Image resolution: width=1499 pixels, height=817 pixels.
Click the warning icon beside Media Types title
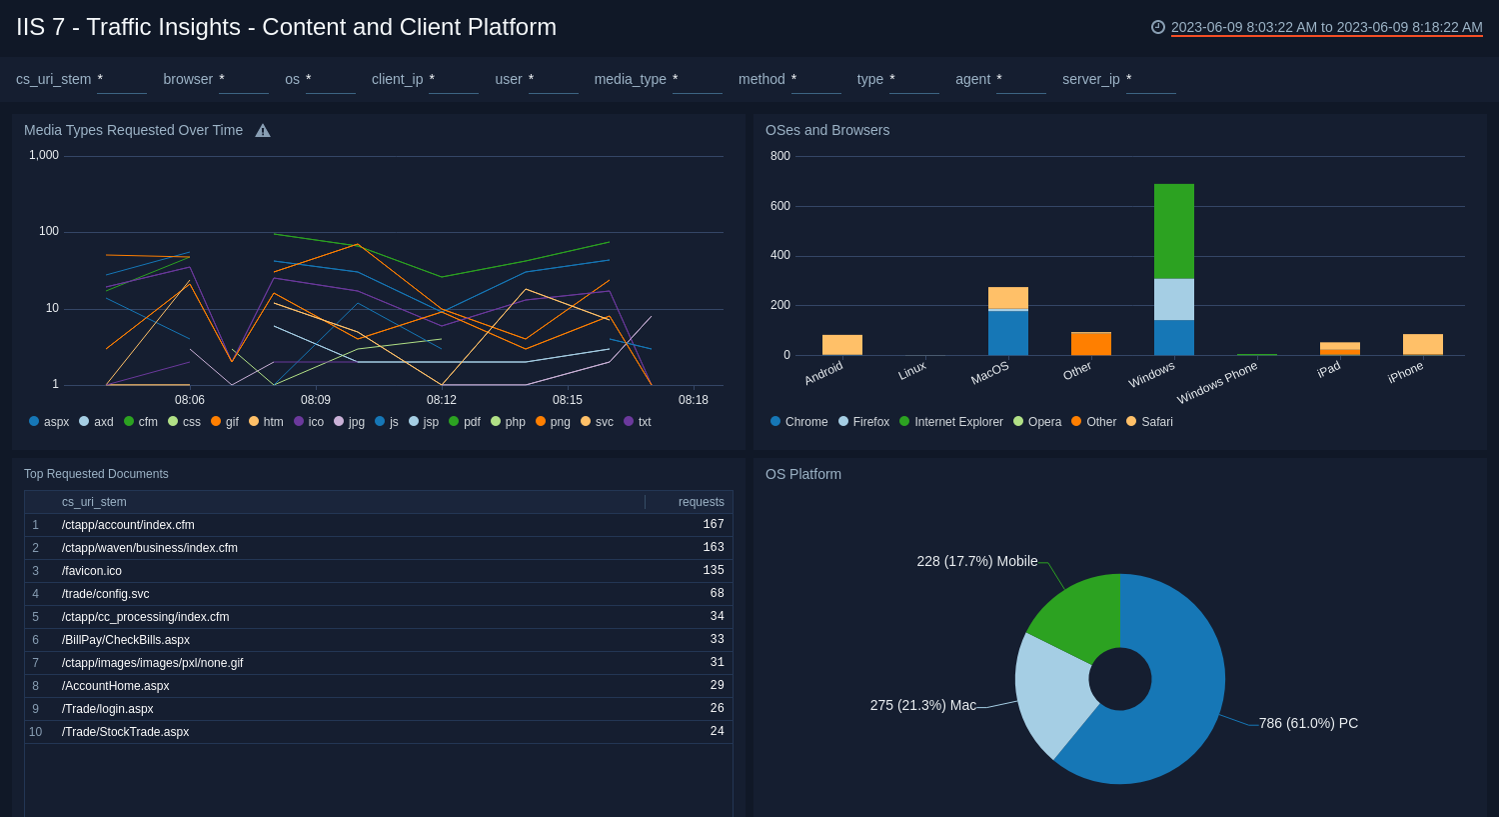(263, 131)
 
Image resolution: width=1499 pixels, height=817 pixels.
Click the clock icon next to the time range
(1158, 27)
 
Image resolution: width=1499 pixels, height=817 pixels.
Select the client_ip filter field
(453, 80)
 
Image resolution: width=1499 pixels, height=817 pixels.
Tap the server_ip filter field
(1150, 80)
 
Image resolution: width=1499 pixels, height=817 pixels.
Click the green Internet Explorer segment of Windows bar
(1173, 231)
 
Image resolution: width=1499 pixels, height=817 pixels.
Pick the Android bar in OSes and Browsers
(841, 345)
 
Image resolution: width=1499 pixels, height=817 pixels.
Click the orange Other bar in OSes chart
(1090, 344)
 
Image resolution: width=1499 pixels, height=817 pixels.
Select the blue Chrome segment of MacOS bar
(1007, 333)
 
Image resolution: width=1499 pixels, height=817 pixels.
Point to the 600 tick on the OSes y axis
(779, 206)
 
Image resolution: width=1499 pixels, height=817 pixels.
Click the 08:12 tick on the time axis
(442, 400)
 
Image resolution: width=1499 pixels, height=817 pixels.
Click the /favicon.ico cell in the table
(92, 571)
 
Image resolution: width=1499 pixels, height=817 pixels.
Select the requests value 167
(713, 525)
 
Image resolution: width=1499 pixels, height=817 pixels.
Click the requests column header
(701, 502)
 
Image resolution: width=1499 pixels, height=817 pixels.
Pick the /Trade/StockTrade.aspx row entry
(125, 732)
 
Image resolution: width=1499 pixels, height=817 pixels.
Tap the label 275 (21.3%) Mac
(922, 705)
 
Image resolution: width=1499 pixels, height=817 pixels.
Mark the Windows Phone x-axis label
(1217, 384)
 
